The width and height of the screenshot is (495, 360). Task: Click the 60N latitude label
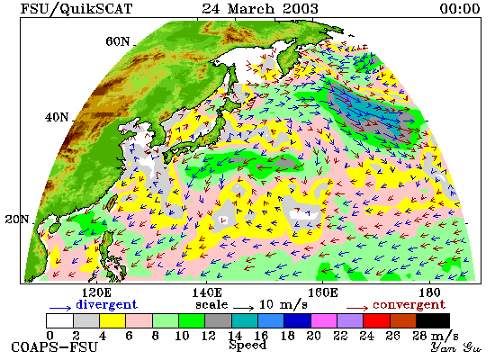pyautogui.click(x=117, y=41)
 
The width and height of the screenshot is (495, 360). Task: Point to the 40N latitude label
pyautogui.click(x=57, y=118)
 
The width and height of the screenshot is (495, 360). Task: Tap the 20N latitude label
pyautogui.click(x=17, y=220)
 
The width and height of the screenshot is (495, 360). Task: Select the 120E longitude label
pyautogui.click(x=96, y=293)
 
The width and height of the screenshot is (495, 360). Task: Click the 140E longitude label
pyautogui.click(x=207, y=293)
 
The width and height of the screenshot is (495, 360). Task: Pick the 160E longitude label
pyautogui.click(x=322, y=293)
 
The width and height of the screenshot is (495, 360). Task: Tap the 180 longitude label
pyautogui.click(x=429, y=293)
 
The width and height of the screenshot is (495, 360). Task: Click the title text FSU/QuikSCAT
pyautogui.click(x=76, y=9)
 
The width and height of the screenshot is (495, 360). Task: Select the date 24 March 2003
pyautogui.click(x=260, y=9)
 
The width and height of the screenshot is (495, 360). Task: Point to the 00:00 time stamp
pyautogui.click(x=460, y=9)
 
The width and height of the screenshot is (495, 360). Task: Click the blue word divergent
pyautogui.click(x=106, y=304)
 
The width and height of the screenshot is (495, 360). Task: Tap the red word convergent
pyautogui.click(x=409, y=305)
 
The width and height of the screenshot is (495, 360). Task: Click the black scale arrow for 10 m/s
pyautogui.click(x=244, y=307)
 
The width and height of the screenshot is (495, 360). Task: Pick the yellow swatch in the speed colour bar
pyautogui.click(x=112, y=320)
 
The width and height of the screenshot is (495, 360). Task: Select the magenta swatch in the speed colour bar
pyautogui.click(x=324, y=320)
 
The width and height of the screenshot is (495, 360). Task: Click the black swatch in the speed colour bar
pyautogui.click(x=433, y=320)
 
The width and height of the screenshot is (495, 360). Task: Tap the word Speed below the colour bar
pyautogui.click(x=247, y=346)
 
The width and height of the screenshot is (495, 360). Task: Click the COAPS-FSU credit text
pyautogui.click(x=54, y=347)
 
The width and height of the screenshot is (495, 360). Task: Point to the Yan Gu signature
pyautogui.click(x=456, y=347)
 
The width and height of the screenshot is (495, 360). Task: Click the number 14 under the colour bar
pyautogui.click(x=235, y=336)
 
